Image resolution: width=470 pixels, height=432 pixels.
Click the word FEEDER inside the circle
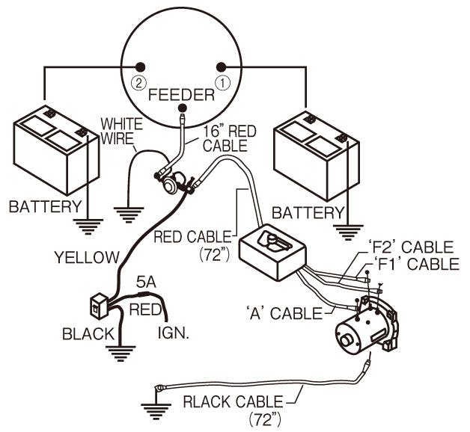click(x=181, y=95)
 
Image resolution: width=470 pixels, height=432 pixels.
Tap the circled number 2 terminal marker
click(x=138, y=81)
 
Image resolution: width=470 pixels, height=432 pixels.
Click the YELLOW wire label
click(x=86, y=258)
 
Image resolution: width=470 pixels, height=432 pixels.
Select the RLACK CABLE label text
click(x=233, y=401)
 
